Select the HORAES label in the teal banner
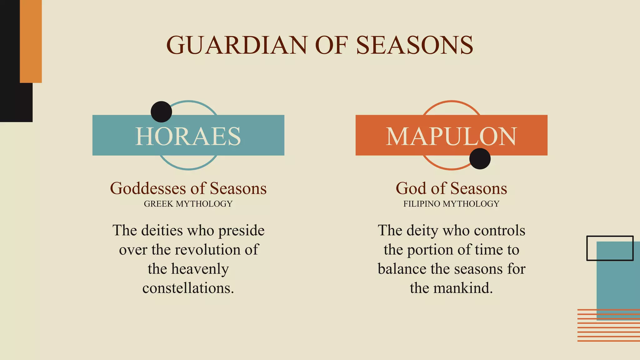188,136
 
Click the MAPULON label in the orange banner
451,136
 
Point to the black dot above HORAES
161,112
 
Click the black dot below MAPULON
480,159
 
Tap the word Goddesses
148,188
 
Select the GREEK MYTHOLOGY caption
188,204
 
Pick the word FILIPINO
422,204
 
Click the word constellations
188,288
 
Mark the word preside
241,231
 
